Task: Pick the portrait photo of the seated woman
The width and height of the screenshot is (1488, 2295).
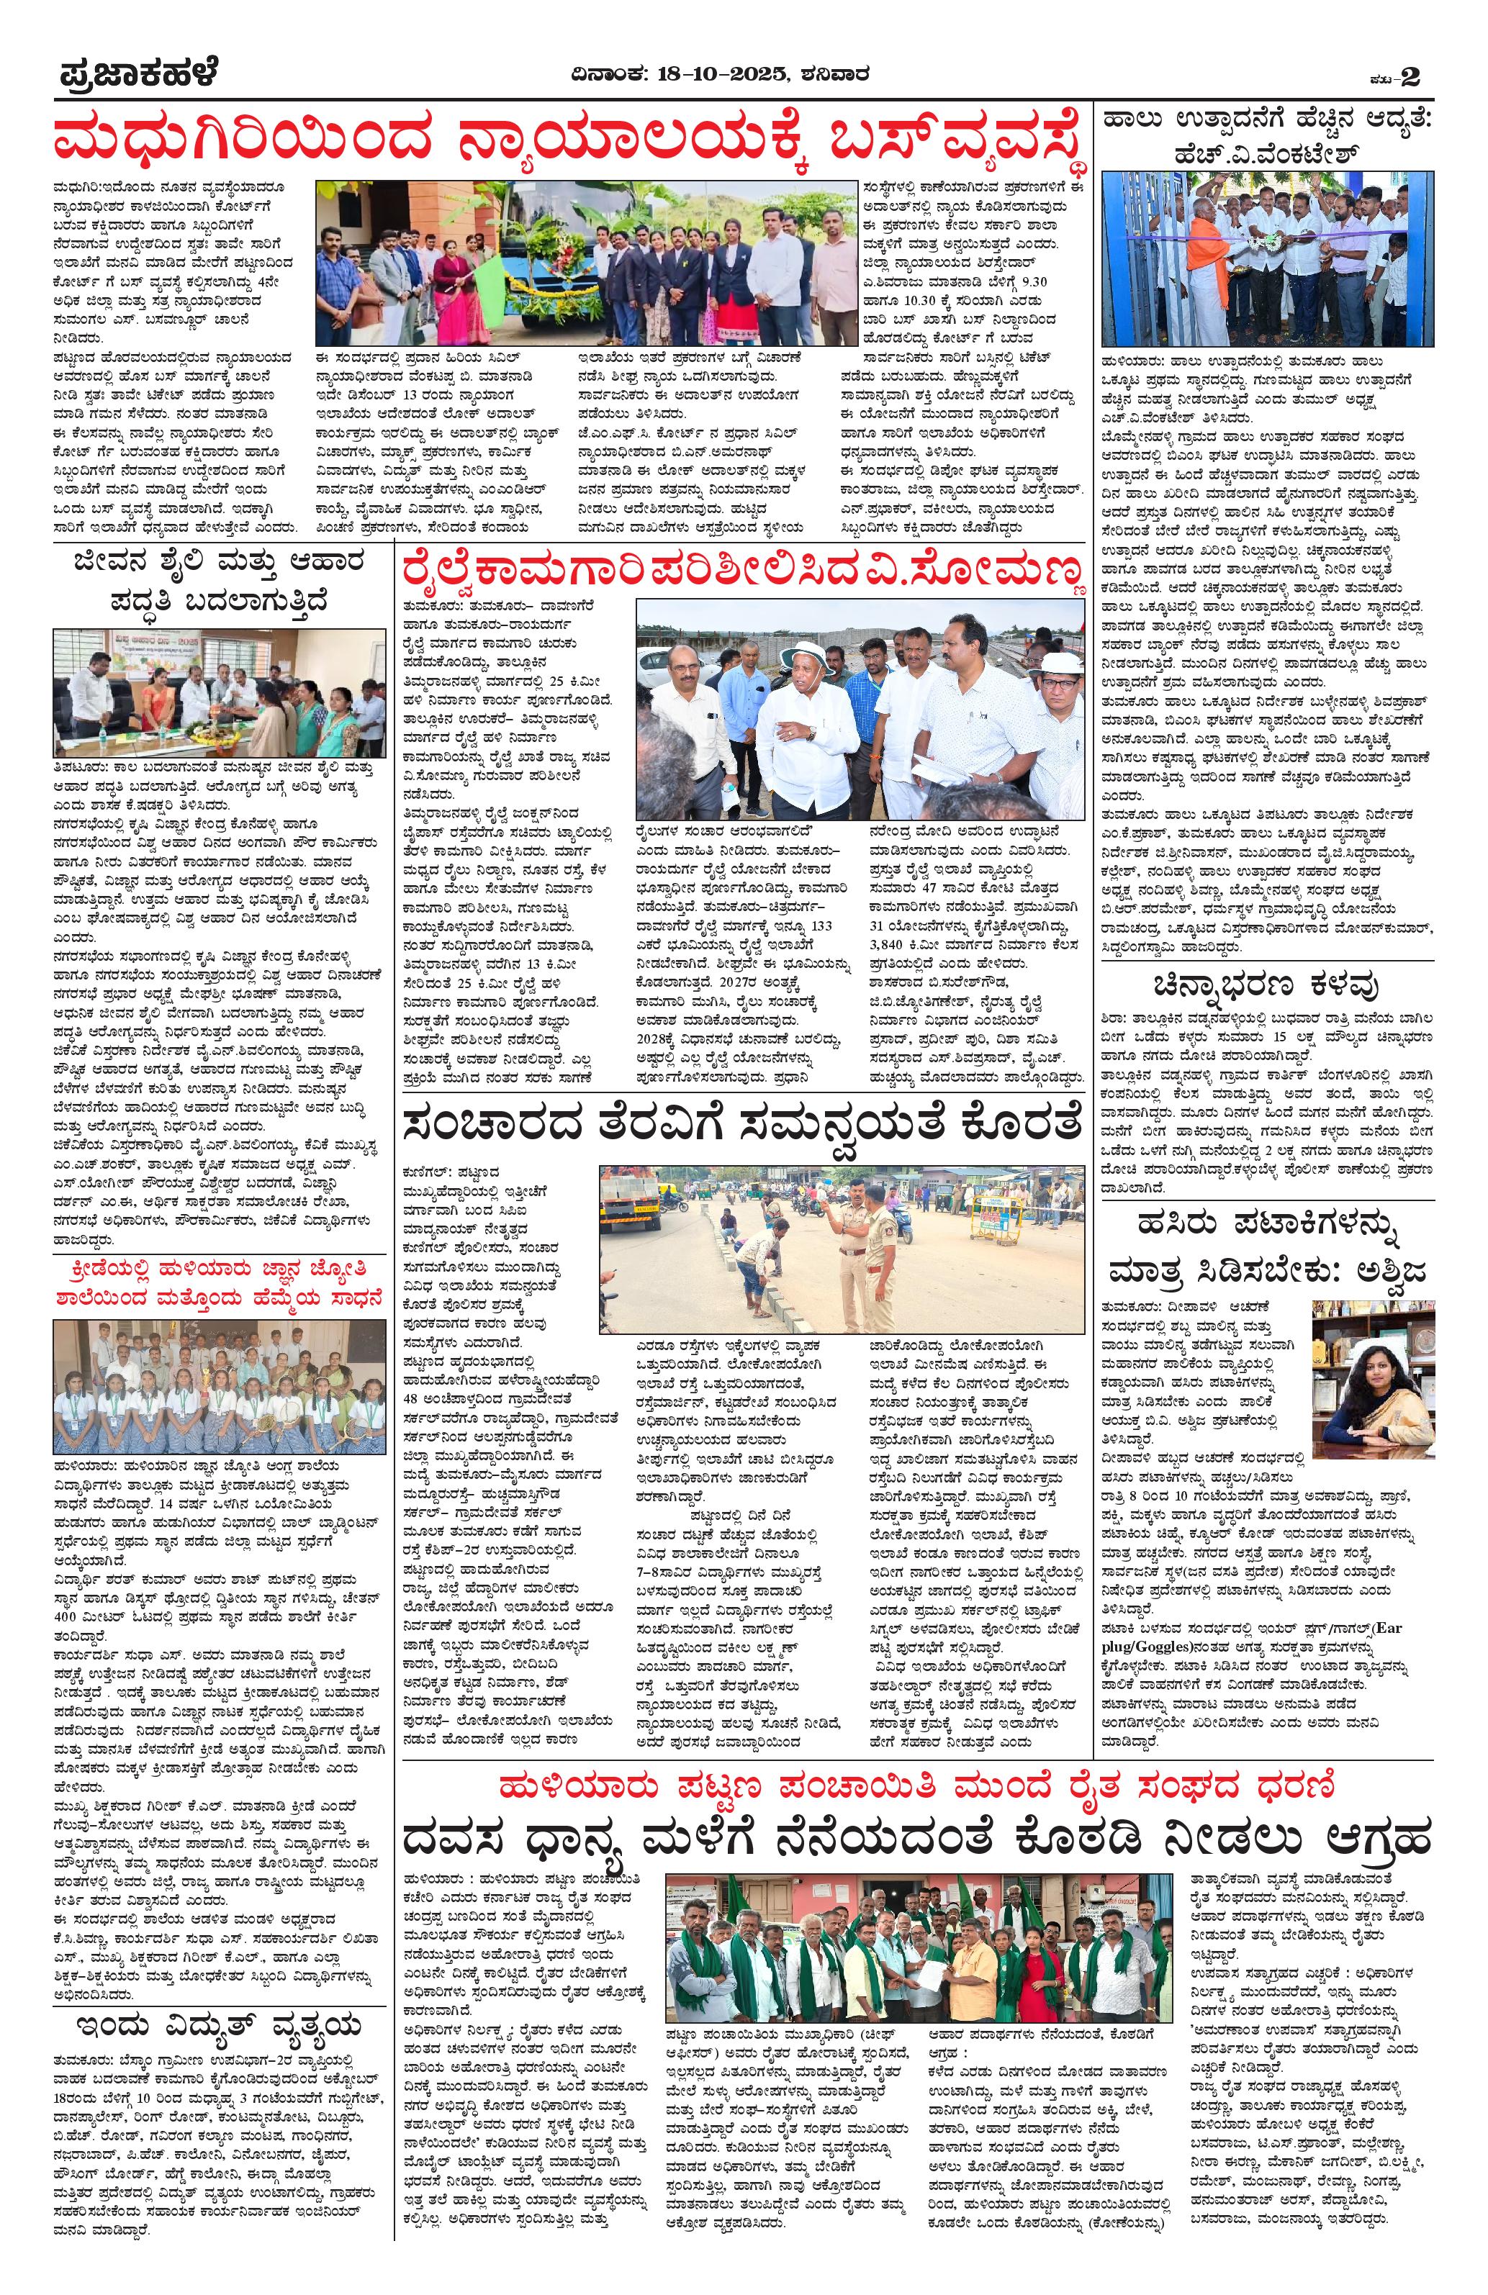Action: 1374,1367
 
